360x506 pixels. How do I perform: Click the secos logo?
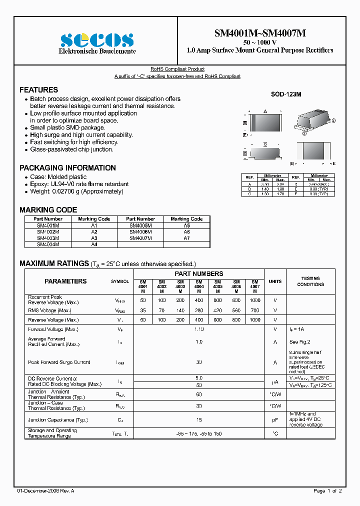click(x=97, y=39)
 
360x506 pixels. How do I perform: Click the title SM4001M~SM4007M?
click(x=260, y=33)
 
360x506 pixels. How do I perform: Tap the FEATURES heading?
click(x=38, y=90)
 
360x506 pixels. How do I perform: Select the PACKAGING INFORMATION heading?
click(x=67, y=168)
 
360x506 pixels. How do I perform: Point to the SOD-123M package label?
click(x=286, y=94)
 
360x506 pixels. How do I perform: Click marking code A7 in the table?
click(x=186, y=238)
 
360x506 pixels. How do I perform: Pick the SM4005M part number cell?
click(x=140, y=225)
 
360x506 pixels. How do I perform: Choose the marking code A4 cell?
click(x=94, y=244)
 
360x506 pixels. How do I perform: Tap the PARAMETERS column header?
click(x=65, y=281)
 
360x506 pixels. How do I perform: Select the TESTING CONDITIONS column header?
click(x=310, y=281)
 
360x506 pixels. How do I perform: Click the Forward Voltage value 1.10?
click(x=199, y=329)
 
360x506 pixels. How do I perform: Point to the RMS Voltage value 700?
click(x=255, y=310)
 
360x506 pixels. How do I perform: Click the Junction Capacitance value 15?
click(x=199, y=420)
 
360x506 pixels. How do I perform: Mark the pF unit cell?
click(x=275, y=420)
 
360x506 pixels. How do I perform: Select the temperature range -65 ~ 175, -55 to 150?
click(x=199, y=433)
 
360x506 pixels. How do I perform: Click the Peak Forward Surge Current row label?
click(x=59, y=362)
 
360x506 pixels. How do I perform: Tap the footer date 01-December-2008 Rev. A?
click(x=45, y=491)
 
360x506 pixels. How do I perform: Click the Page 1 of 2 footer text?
click(x=327, y=491)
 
